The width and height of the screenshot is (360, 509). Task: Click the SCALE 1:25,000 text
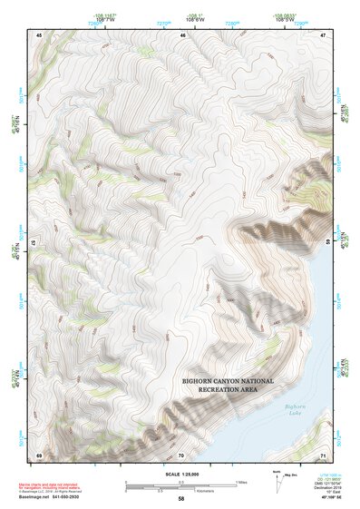point(181,472)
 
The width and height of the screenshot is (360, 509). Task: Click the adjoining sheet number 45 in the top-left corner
point(39,34)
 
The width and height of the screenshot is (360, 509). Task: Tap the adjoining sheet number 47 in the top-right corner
point(324,34)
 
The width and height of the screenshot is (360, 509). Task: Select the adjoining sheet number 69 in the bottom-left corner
point(39,454)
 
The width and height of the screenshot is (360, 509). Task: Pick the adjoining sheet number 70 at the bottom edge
point(181,454)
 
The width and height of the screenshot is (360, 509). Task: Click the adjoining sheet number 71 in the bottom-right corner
point(324,454)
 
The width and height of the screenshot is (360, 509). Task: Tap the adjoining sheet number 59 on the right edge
point(326,243)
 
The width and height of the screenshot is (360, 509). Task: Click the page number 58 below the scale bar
point(181,499)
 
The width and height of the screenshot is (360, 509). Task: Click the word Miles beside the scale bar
point(240,481)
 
